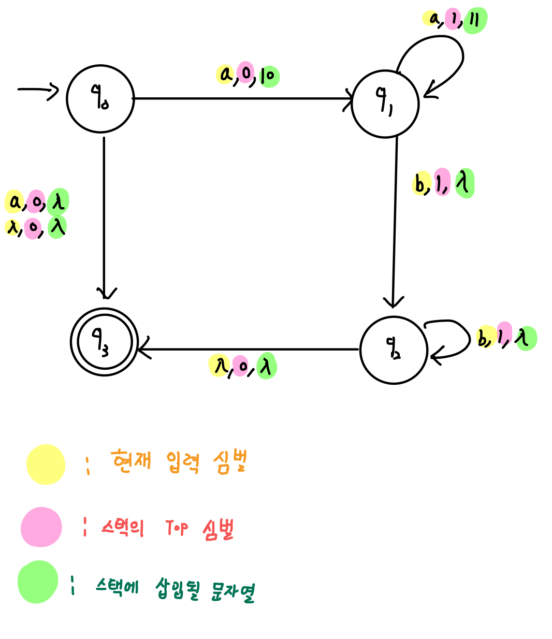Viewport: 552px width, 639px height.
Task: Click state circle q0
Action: pyautogui.click(x=100, y=99)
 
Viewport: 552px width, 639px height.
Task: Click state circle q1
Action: pyautogui.click(x=385, y=104)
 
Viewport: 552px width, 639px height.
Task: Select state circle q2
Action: pyautogui.click(x=394, y=350)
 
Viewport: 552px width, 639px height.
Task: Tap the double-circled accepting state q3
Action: pyautogui.click(x=105, y=342)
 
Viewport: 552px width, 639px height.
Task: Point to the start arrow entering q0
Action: pyautogui.click(x=38, y=90)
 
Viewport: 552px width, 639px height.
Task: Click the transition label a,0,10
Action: pyautogui.click(x=248, y=75)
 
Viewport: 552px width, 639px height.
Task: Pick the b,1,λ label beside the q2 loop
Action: pyautogui.click(x=506, y=338)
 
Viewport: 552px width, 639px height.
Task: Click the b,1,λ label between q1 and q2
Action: pyautogui.click(x=443, y=183)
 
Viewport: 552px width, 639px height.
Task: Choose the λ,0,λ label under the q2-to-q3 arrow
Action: pyautogui.click(x=243, y=366)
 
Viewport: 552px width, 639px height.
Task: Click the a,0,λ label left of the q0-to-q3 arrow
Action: pyautogui.click(x=37, y=202)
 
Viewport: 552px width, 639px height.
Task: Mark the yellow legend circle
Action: pyautogui.click(x=46, y=464)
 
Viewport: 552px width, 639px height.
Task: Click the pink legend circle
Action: pyautogui.click(x=41, y=527)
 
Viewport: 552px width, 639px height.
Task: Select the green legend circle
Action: pyautogui.click(x=38, y=582)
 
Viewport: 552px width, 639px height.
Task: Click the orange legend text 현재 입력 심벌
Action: pyautogui.click(x=179, y=461)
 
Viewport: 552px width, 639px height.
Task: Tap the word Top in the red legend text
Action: pyautogui.click(x=177, y=528)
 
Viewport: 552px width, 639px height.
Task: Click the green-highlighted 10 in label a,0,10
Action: pyautogui.click(x=268, y=76)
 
